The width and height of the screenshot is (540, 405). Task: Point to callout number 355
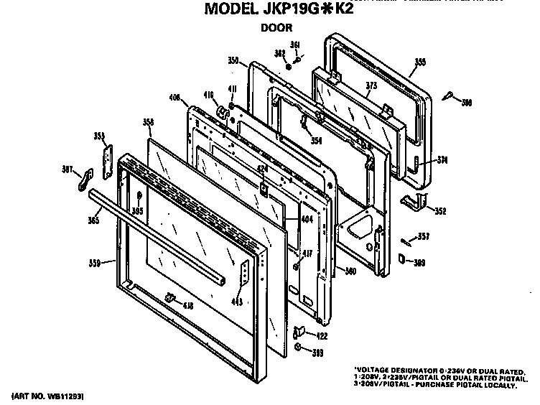pos(419,63)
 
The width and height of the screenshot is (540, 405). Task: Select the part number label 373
pos(371,85)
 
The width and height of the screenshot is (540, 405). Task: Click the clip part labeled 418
pos(170,298)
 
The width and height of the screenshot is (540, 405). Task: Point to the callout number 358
pos(149,123)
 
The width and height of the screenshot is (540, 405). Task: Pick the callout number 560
pos(350,271)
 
